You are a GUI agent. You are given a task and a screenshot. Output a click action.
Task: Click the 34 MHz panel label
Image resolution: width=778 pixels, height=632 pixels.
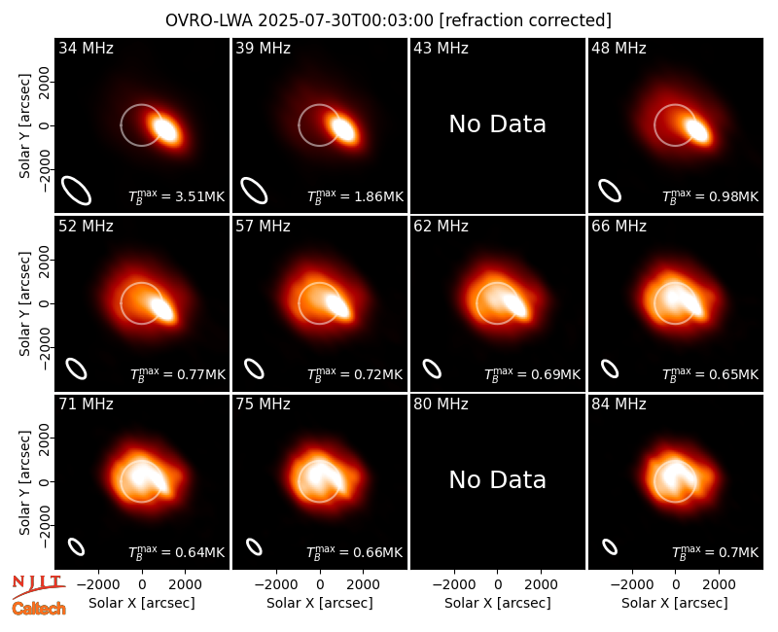click(86, 48)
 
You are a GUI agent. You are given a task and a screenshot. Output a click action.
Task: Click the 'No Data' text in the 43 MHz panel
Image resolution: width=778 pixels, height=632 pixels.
click(497, 124)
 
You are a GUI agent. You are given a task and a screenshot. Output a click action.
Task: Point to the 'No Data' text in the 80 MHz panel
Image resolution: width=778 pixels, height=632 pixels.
click(497, 479)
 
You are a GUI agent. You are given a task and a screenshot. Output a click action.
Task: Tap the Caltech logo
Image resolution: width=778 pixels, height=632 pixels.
click(39, 609)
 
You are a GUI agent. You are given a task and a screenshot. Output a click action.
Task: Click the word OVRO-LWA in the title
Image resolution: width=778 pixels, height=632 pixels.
click(209, 20)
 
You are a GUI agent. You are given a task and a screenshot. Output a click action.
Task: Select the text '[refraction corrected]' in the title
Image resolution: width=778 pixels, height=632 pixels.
click(525, 20)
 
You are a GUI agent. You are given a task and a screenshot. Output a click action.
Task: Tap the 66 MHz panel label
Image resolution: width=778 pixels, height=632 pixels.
click(619, 227)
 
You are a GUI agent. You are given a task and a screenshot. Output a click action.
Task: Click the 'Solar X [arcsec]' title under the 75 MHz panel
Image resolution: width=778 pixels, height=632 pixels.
click(320, 603)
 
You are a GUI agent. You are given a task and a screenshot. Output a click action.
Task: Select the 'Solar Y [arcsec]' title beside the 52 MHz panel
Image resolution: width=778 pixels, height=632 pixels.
click(24, 303)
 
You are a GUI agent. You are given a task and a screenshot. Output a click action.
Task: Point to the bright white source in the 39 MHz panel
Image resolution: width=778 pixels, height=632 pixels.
click(344, 129)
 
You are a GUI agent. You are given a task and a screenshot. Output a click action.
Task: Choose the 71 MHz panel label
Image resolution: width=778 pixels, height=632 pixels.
click(86, 404)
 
